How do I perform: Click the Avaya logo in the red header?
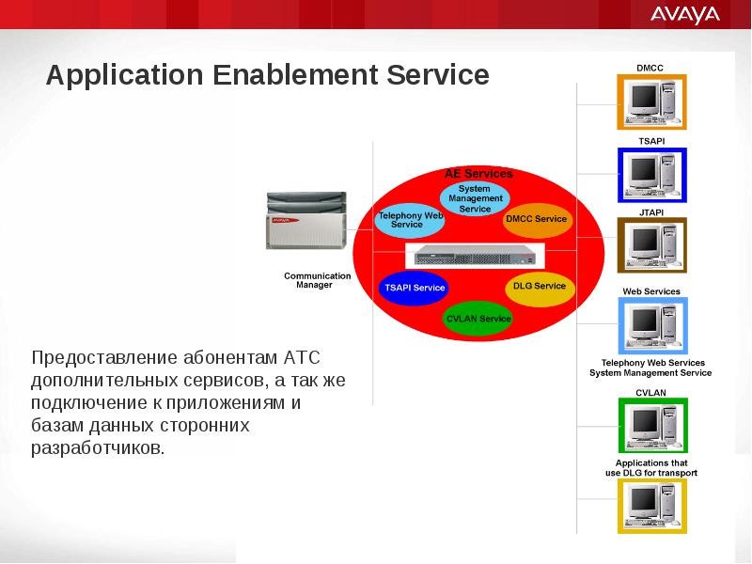click(685, 15)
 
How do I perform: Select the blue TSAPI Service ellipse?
click(415, 288)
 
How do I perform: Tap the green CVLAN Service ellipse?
click(478, 319)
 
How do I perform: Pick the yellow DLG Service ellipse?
click(540, 287)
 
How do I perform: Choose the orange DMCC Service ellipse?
click(537, 219)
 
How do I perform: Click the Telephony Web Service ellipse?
click(410, 220)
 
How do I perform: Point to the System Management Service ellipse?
click(475, 198)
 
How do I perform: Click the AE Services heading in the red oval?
click(478, 174)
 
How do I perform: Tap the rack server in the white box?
click(476, 255)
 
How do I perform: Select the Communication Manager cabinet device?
click(306, 220)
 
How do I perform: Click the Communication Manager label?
click(317, 280)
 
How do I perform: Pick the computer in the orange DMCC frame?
click(651, 102)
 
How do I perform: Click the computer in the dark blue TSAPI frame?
click(652, 175)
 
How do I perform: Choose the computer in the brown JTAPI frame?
click(652, 245)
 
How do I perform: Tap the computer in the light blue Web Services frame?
click(652, 326)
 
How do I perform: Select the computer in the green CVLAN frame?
click(653, 426)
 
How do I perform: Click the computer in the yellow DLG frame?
click(652, 506)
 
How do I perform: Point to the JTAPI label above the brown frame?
click(651, 212)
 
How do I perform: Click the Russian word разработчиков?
click(98, 448)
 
